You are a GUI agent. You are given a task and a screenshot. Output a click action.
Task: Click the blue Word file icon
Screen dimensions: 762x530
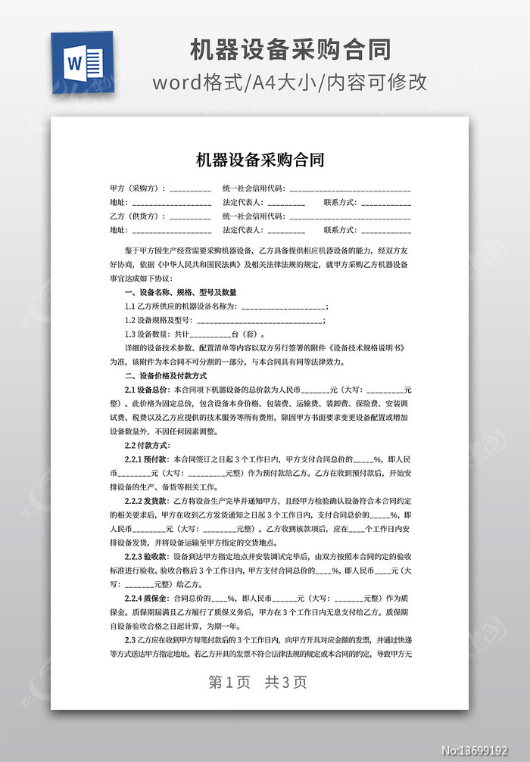pyautogui.click(x=82, y=62)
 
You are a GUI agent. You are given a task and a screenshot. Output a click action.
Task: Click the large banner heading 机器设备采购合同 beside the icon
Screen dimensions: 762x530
pyautogui.click(x=290, y=50)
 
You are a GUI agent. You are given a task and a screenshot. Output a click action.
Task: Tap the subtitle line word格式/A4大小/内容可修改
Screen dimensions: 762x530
pyautogui.click(x=290, y=82)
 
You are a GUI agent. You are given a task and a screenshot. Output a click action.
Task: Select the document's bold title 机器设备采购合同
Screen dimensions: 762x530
pyautogui.click(x=260, y=160)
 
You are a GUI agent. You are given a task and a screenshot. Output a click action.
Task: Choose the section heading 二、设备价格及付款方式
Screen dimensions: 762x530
pyautogui.click(x=165, y=376)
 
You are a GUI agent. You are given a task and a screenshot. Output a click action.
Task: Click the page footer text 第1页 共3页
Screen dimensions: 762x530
pyautogui.click(x=257, y=682)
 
